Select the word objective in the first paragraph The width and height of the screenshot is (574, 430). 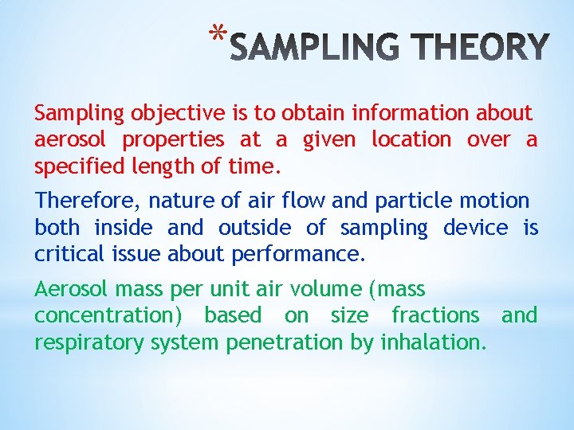(x=175, y=114)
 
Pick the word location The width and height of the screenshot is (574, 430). (x=411, y=139)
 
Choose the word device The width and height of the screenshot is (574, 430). (x=475, y=228)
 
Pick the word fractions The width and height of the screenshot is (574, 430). (x=435, y=315)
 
